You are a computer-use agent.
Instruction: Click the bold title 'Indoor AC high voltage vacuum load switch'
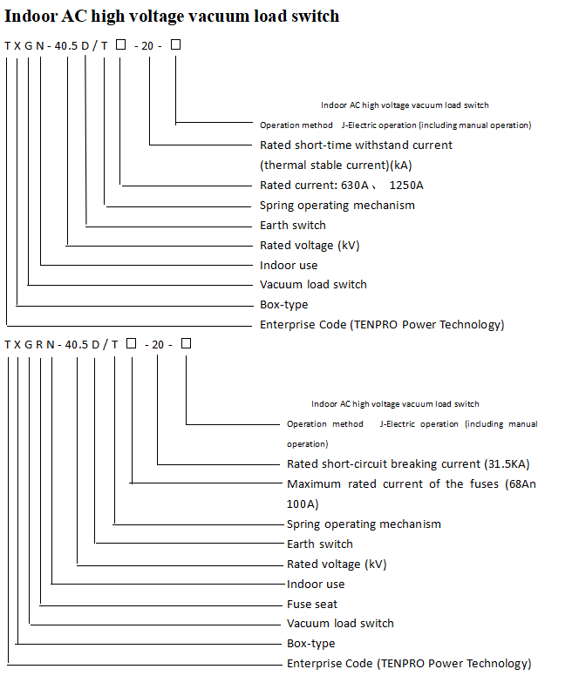(172, 17)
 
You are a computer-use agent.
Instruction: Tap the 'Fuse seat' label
(312, 604)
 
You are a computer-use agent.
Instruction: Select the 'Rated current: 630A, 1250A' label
(341, 186)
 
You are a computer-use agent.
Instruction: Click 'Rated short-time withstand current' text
(356, 145)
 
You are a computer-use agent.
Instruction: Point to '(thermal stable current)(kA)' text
(336, 166)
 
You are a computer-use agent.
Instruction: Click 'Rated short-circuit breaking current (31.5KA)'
(408, 464)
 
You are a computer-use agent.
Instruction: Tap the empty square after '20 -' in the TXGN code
(175, 44)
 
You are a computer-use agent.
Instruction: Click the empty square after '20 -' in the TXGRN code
(186, 343)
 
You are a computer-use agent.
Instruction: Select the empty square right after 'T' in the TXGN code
(121, 44)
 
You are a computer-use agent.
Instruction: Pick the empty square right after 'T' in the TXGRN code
(131, 343)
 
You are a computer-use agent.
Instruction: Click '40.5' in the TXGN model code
(66, 45)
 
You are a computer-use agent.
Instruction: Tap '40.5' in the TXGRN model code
(77, 344)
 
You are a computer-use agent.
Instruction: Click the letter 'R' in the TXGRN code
(39, 344)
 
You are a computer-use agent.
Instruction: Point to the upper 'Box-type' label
(284, 305)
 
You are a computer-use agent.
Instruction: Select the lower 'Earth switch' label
(320, 544)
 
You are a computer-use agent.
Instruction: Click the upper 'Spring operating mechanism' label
(337, 206)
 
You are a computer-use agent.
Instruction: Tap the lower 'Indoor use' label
(316, 585)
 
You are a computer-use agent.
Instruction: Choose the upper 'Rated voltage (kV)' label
(310, 246)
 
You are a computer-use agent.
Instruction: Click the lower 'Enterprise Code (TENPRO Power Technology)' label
(409, 664)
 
